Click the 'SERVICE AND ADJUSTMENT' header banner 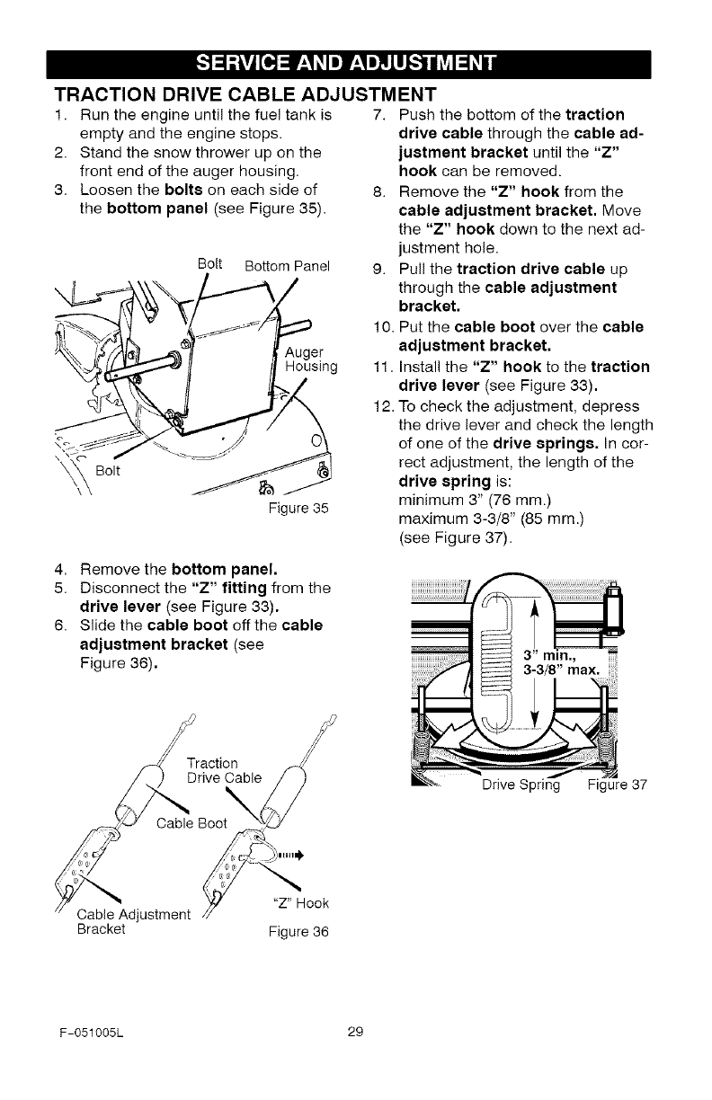(356, 64)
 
